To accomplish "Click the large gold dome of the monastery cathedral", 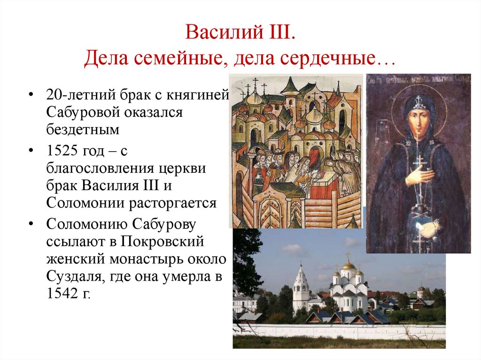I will [x=348, y=265].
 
